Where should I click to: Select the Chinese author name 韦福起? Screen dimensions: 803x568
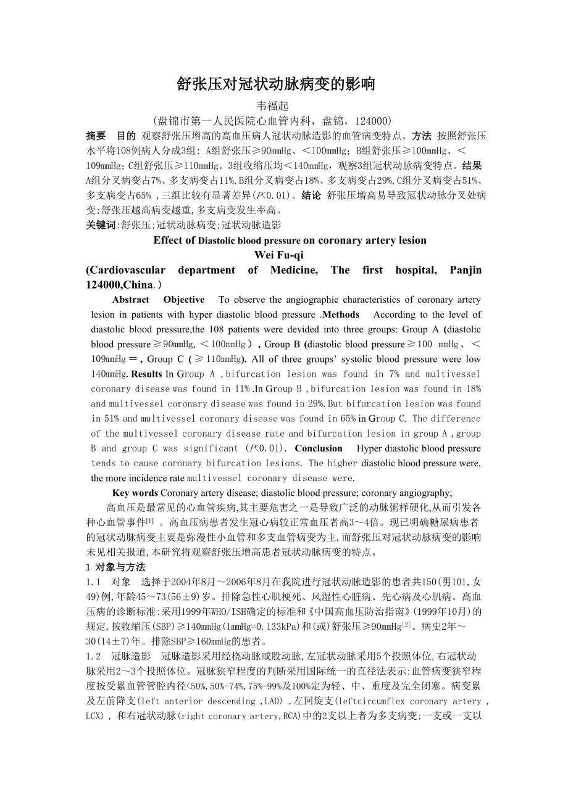(x=272, y=105)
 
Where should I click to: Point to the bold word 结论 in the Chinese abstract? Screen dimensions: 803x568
(x=311, y=196)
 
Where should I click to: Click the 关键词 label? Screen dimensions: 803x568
(x=101, y=225)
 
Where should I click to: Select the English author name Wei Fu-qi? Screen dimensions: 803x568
(x=278, y=255)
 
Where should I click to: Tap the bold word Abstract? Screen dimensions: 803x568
(x=131, y=300)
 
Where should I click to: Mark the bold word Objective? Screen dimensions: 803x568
(x=184, y=300)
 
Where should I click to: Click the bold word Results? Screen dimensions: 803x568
(x=147, y=374)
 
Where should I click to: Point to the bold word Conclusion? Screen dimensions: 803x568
(x=319, y=448)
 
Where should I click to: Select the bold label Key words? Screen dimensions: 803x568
(x=135, y=493)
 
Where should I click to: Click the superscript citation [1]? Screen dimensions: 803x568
(x=150, y=521)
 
